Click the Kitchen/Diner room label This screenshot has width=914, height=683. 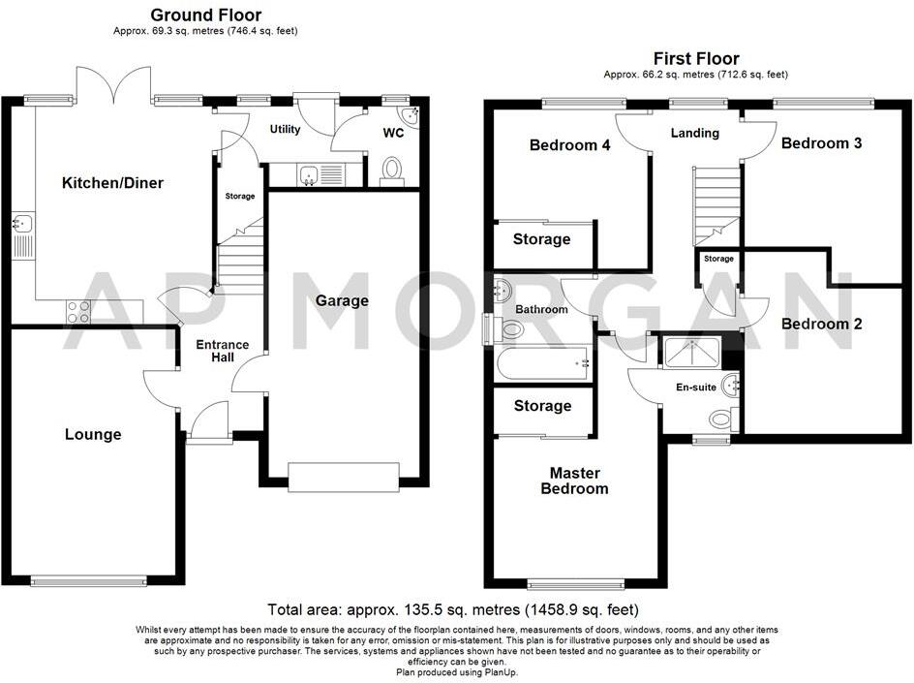tap(112, 183)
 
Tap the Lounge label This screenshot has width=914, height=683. tap(94, 434)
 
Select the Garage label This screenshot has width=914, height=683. tap(342, 300)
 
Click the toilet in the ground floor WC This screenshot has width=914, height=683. tap(392, 171)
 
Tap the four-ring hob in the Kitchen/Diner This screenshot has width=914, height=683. tap(77, 311)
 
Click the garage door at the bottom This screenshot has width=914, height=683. tap(344, 478)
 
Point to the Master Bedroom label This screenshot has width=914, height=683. tap(574, 481)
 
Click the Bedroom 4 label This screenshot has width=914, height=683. tap(569, 145)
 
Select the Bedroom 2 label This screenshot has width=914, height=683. tap(821, 324)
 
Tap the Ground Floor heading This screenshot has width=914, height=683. tap(204, 15)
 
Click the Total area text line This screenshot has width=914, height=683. tap(453, 610)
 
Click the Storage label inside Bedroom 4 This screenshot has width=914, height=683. tap(541, 239)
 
